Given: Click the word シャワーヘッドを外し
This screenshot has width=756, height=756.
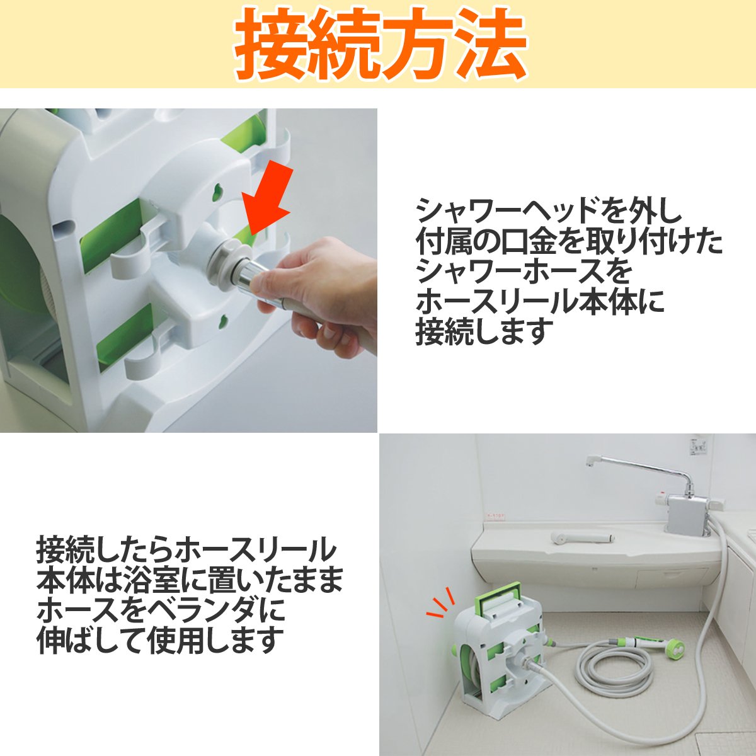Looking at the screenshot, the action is point(549,212).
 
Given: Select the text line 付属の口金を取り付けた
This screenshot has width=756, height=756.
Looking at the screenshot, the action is point(569,242).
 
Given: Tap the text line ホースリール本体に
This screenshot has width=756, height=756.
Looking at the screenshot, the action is point(540,302).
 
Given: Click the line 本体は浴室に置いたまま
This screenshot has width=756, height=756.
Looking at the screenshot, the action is point(190,581).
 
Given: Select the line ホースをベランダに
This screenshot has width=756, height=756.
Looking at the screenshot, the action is point(161,611).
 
